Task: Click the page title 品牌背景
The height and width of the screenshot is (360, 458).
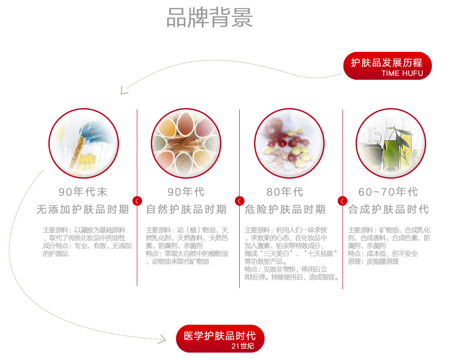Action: pyautogui.click(x=210, y=18)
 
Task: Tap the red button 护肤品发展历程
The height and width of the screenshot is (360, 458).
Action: pyautogui.click(x=387, y=63)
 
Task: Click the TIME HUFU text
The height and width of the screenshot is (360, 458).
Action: pyautogui.click(x=402, y=73)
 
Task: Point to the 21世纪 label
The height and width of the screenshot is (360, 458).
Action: pyautogui.click(x=242, y=346)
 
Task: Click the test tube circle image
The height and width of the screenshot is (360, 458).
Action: pyautogui.click(x=83, y=143)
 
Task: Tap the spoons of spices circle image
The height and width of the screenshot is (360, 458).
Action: pyautogui.click(x=186, y=143)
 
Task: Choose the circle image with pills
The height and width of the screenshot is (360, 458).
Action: pyautogui.click(x=289, y=143)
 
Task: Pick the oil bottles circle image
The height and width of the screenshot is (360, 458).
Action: pyautogui.click(x=390, y=143)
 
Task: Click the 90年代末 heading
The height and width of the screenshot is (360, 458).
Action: pyautogui.click(x=83, y=192)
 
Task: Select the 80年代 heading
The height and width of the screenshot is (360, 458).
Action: pyautogui.click(x=285, y=192)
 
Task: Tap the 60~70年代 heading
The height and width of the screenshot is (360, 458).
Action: pyautogui.click(x=388, y=192)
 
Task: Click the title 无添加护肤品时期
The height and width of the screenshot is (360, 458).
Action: pyautogui.click(x=83, y=210)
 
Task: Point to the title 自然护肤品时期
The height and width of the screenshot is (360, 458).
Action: pyautogui.click(x=186, y=210)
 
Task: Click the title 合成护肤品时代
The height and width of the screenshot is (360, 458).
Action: pyautogui.click(x=388, y=210)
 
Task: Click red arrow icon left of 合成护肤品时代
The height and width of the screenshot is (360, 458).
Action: pyautogui.click(x=343, y=200)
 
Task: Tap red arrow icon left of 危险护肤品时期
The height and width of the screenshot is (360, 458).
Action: pyautogui.click(x=240, y=200)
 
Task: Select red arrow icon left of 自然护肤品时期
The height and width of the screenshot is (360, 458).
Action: pyautogui.click(x=137, y=200)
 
